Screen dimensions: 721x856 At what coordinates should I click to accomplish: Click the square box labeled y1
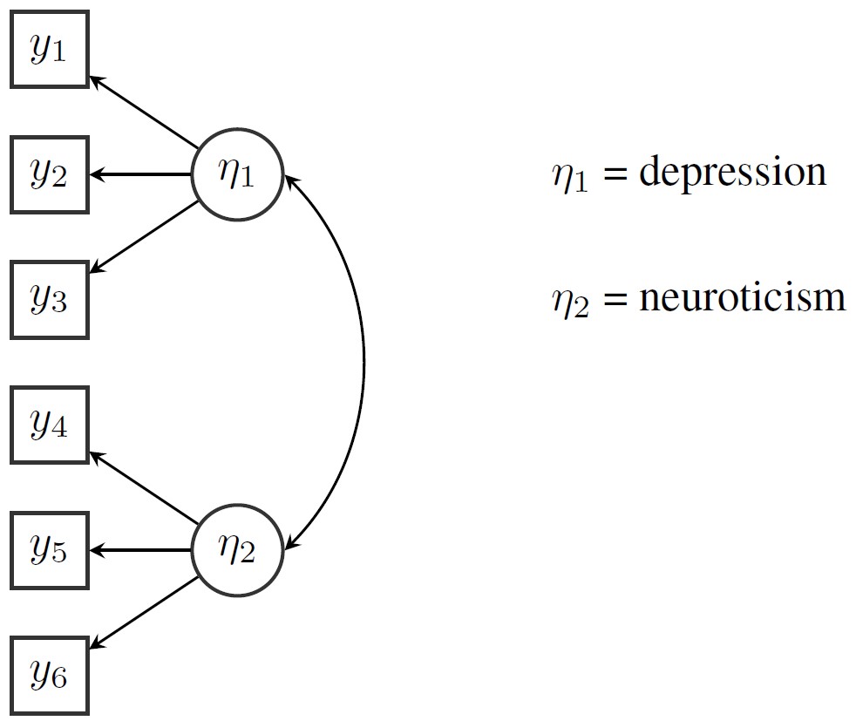[49, 49]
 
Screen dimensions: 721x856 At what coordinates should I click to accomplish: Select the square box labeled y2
[49, 174]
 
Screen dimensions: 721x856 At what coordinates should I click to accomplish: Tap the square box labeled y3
[49, 300]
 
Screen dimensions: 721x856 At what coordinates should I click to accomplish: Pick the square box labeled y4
[49, 425]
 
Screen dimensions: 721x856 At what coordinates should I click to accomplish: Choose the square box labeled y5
[49, 550]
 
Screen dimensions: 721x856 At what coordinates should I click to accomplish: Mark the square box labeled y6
[49, 676]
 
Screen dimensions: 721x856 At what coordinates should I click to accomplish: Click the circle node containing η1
[237, 174]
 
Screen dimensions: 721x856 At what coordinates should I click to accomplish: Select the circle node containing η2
[237, 550]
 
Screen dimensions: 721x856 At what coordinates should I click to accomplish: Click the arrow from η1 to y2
[139, 174]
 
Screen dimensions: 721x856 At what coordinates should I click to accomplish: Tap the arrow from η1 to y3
[144, 236]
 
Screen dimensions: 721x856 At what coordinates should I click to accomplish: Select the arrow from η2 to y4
[144, 488]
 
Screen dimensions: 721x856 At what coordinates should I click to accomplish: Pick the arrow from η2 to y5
[139, 550]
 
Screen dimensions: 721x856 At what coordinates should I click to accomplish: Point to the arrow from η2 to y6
[144, 612]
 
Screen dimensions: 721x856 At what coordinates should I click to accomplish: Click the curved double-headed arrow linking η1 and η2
[363, 362]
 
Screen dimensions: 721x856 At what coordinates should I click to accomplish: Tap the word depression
[732, 172]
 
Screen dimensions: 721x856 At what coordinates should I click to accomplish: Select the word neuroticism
[742, 297]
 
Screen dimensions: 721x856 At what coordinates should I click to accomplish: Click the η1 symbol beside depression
[570, 176]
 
